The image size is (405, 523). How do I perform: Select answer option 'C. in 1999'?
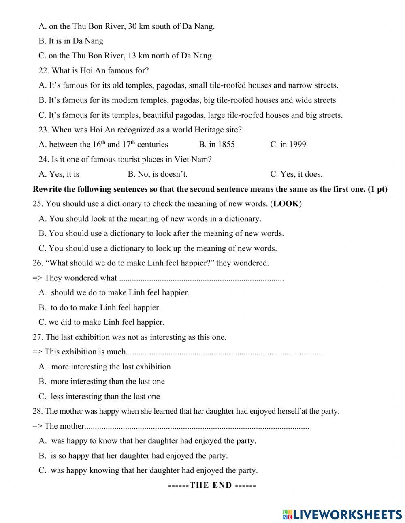(x=288, y=145)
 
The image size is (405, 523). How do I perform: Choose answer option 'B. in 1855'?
(x=217, y=145)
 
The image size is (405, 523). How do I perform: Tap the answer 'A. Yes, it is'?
(x=59, y=174)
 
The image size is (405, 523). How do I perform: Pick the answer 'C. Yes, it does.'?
(x=296, y=174)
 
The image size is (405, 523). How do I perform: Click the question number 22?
(x=44, y=70)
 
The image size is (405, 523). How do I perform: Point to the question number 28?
(x=38, y=411)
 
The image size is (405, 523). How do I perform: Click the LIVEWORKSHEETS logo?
(x=342, y=514)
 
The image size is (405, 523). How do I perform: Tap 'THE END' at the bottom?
(x=211, y=485)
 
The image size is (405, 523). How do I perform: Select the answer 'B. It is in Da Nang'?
(x=71, y=41)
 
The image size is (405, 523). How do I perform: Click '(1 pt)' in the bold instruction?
(x=377, y=189)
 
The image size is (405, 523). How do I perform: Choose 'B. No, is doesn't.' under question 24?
(x=158, y=174)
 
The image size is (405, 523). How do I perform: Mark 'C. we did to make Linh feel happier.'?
(x=101, y=322)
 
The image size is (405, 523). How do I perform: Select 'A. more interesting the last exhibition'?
(x=104, y=367)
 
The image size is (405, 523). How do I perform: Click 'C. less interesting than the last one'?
(x=99, y=397)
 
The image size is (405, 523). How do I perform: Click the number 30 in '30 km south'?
(x=132, y=26)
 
